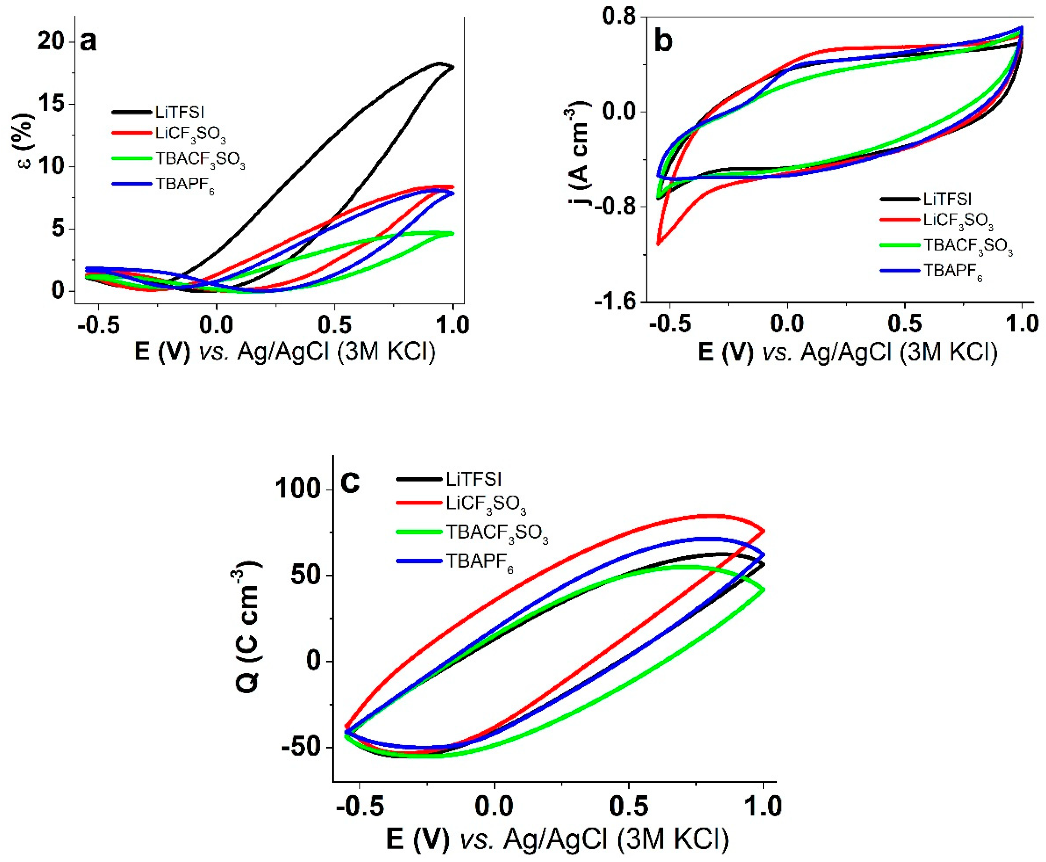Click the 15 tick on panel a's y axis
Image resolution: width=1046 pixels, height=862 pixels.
[x=51, y=104]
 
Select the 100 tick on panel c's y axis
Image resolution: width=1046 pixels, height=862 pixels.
[x=298, y=490]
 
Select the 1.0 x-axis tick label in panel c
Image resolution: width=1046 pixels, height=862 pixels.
[x=762, y=807]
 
